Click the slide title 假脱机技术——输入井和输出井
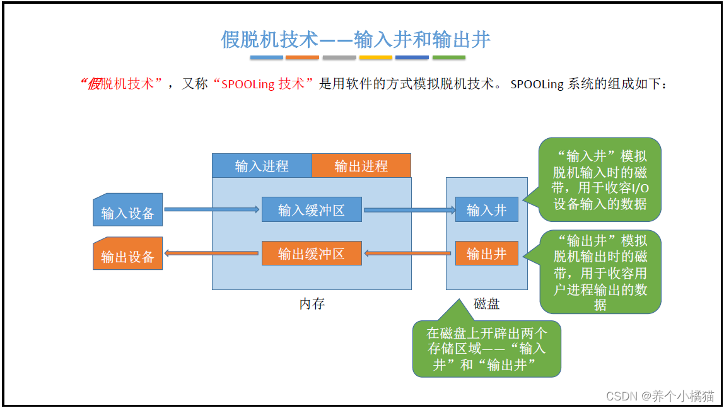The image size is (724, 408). click(355, 40)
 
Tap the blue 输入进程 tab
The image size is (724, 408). click(262, 166)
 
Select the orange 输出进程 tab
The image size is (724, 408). click(361, 166)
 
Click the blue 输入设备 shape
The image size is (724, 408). click(128, 213)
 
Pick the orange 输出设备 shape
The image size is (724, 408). click(128, 256)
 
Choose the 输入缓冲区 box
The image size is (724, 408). click(312, 210)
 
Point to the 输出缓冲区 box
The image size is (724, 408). click(312, 254)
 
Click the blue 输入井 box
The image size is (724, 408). click(486, 210)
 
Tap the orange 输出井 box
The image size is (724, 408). click(486, 254)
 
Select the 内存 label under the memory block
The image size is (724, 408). click(312, 303)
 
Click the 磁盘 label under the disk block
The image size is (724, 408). click(486, 303)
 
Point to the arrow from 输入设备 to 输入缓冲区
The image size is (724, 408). click(212, 209)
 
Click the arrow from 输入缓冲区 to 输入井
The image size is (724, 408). click(409, 210)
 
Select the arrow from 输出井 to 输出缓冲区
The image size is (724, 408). click(409, 254)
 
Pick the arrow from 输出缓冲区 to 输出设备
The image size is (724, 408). click(212, 254)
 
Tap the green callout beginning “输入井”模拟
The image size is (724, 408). click(600, 180)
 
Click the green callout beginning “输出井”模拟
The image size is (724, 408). click(600, 272)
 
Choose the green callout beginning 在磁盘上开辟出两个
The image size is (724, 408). click(486, 349)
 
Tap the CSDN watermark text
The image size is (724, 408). click(660, 395)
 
